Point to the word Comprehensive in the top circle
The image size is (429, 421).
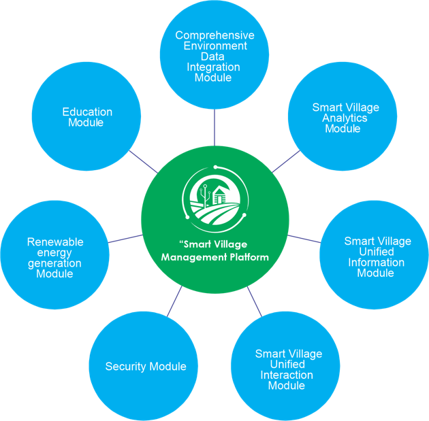214,35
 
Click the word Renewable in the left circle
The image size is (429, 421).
55,241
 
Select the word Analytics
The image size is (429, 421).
345,118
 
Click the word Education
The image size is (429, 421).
87,112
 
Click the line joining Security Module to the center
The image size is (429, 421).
175,300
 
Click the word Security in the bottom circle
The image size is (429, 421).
125,367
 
